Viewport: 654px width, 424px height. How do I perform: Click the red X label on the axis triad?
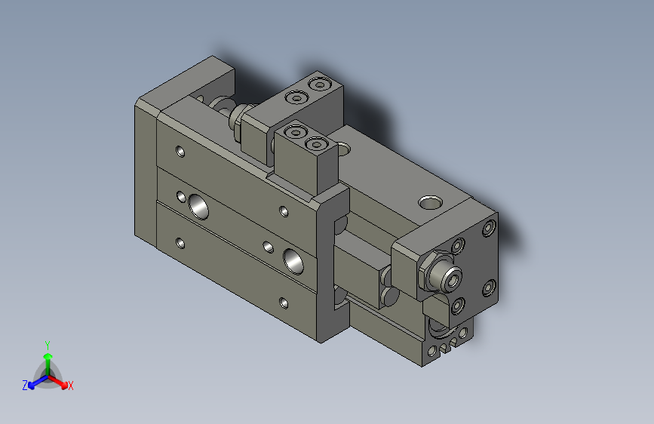(x=70, y=386)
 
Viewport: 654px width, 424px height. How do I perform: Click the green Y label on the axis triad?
(x=47, y=344)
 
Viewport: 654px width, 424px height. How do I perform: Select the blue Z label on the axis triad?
(x=25, y=385)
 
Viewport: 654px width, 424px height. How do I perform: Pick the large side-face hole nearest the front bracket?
(x=293, y=260)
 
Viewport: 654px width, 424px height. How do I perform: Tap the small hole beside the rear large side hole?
(x=181, y=198)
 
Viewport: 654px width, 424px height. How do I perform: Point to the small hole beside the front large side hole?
(x=268, y=246)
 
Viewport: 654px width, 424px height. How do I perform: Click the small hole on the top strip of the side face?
(x=180, y=151)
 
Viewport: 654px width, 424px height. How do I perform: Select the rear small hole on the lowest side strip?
(x=180, y=243)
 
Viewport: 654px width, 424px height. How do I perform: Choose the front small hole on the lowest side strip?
(x=283, y=303)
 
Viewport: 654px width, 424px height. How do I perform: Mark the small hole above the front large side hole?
(x=283, y=211)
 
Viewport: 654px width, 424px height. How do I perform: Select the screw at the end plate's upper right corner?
(x=490, y=227)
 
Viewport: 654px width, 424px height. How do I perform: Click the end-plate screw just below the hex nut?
(x=457, y=306)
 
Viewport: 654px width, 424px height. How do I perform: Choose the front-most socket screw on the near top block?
(x=315, y=143)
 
